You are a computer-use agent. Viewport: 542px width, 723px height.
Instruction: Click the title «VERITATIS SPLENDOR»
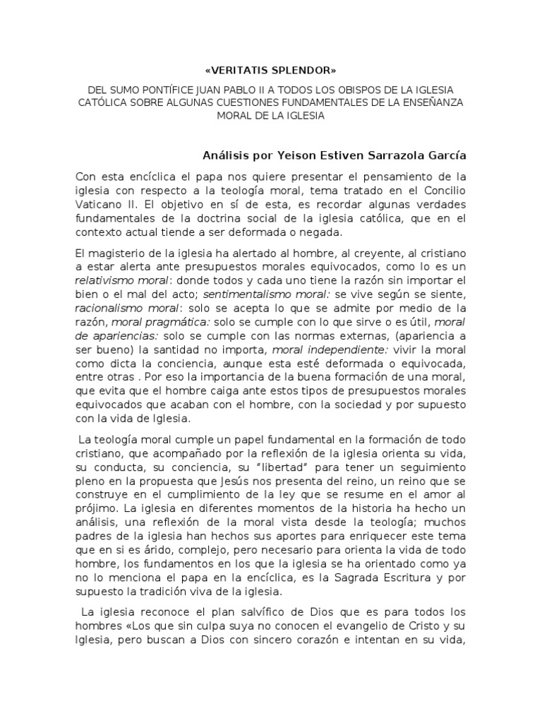pyautogui.click(x=270, y=71)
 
